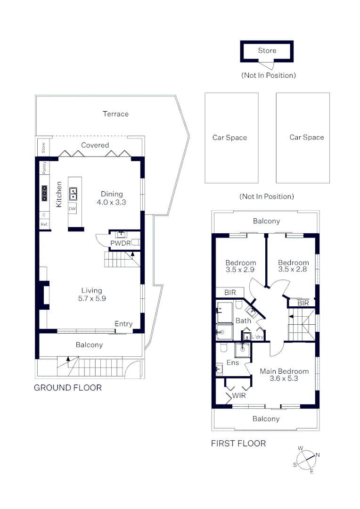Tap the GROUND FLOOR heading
pos(68,388)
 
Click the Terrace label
pos(115,114)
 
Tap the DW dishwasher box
pos(73,209)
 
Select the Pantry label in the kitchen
pos(44,168)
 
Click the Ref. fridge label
pos(44,224)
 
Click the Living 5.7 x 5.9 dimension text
pos(91,295)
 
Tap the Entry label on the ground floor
pos(123,324)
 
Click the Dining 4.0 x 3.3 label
pos(112,198)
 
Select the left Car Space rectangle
pos(231,138)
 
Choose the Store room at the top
pos(267,51)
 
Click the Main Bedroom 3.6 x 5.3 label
pos(284,375)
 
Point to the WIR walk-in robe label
pos(239,396)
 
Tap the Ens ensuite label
pos(233,363)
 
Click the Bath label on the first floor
pos(243,321)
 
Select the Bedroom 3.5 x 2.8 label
pos(293,266)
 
